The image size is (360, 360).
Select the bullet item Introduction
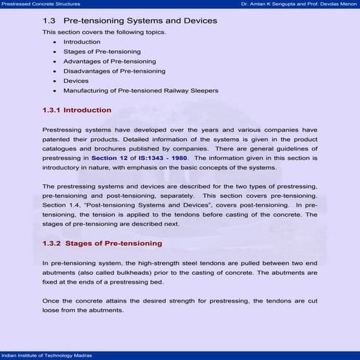tap(81, 42)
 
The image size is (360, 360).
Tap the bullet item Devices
tap(76, 81)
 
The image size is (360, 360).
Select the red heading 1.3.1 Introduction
tap(76, 111)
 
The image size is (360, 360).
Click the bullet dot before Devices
tap(55, 81)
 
